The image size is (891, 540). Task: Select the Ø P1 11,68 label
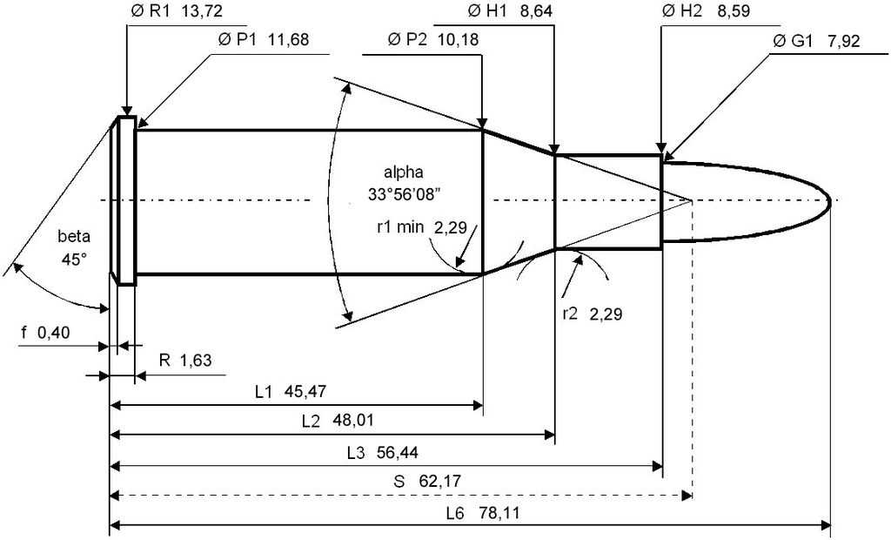click(x=263, y=39)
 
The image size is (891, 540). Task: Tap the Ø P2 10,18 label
click(x=433, y=39)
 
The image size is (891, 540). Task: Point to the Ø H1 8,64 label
click(x=510, y=11)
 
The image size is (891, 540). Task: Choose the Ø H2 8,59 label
click(x=707, y=11)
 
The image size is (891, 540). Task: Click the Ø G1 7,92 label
click(x=816, y=41)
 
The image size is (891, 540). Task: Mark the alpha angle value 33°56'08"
click(x=405, y=194)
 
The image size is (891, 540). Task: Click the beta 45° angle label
click(x=74, y=247)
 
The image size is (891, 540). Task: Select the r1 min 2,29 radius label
click(x=422, y=227)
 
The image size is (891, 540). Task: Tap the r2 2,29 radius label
click(x=592, y=314)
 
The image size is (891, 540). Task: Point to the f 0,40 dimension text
click(x=45, y=333)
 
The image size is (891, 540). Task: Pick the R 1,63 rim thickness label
click(x=185, y=361)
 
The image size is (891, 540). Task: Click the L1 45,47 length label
click(x=291, y=391)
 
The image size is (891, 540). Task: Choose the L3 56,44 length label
click(x=383, y=452)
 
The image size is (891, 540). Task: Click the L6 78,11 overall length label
click(x=483, y=513)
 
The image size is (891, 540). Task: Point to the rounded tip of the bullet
click(x=828, y=200)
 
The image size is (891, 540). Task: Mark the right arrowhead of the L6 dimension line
click(x=825, y=524)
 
